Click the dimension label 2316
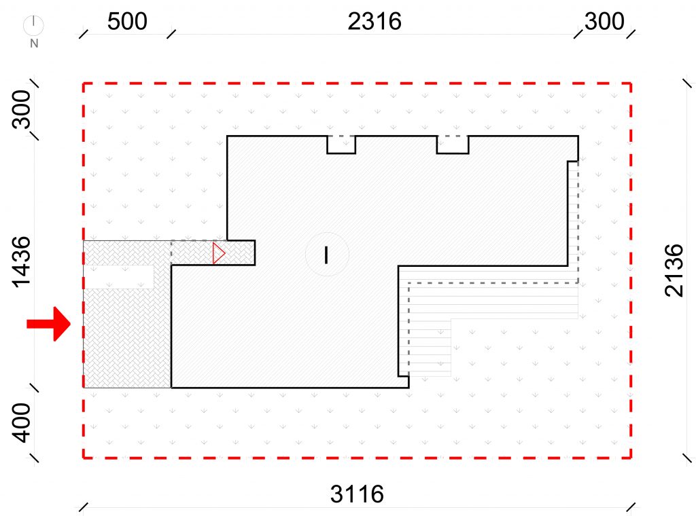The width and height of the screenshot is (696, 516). pyautogui.click(x=375, y=21)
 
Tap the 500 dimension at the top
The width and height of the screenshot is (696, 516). pyautogui.click(x=127, y=21)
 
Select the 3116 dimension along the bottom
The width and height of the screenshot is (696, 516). pyautogui.click(x=357, y=494)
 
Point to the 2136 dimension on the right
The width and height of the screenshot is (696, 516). pyautogui.click(x=674, y=270)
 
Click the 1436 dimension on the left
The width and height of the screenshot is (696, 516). pyautogui.click(x=21, y=262)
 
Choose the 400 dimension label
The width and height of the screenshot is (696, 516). pyautogui.click(x=21, y=422)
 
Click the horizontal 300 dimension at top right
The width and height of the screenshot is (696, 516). pyautogui.click(x=604, y=21)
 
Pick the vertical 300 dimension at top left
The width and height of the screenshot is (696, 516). pyautogui.click(x=21, y=109)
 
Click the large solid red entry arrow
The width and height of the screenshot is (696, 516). pyautogui.click(x=49, y=324)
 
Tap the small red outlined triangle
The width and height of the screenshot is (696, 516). pyautogui.click(x=218, y=253)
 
